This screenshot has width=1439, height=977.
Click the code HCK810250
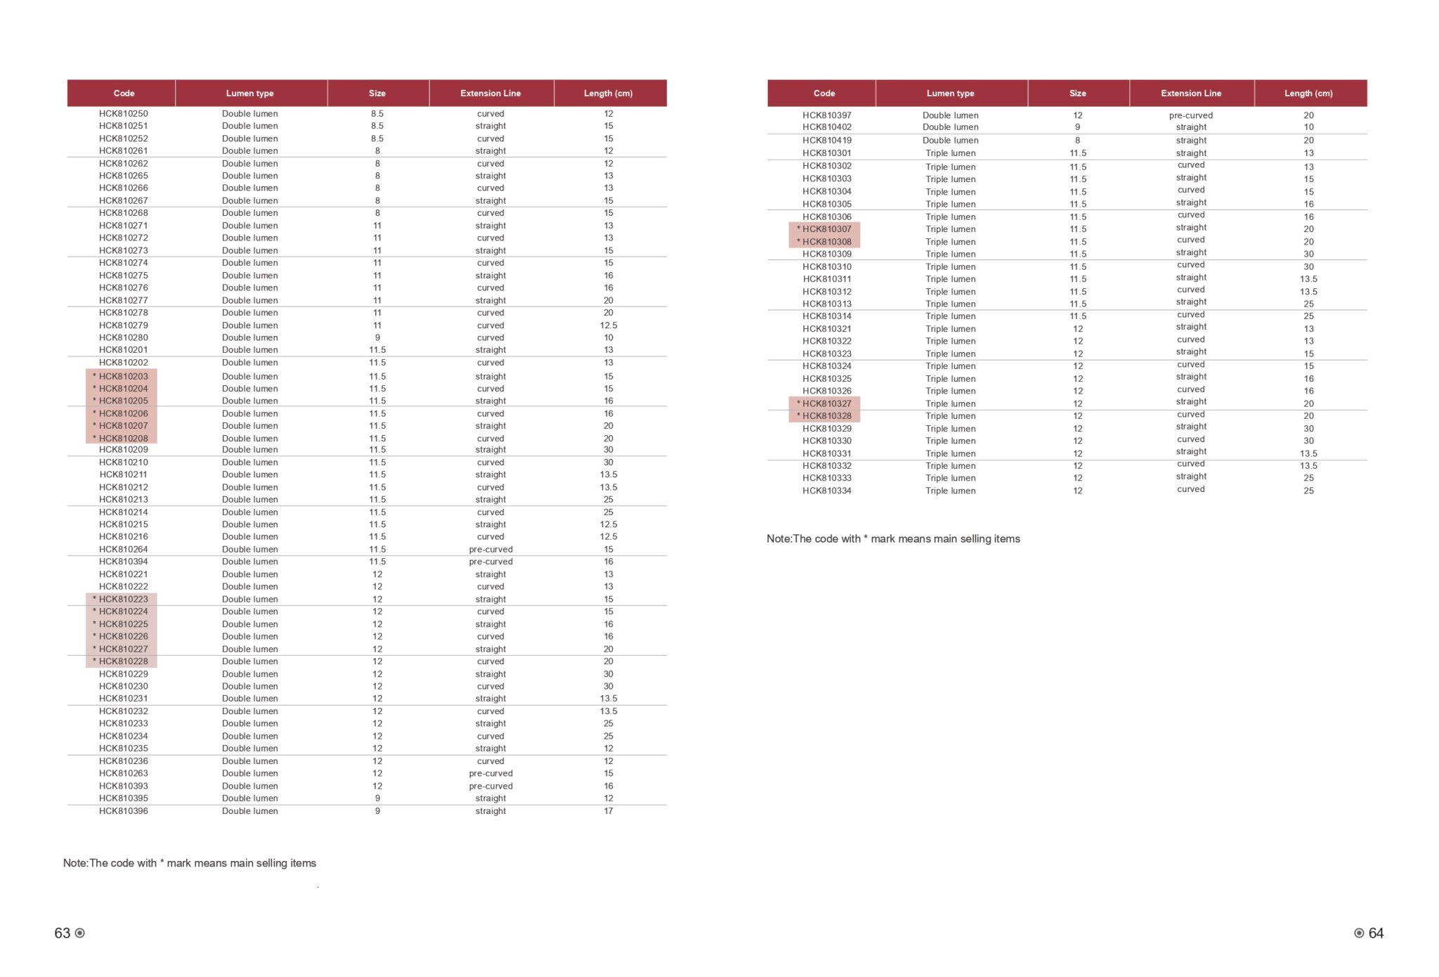click(x=123, y=114)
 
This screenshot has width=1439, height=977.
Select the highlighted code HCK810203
click(x=123, y=376)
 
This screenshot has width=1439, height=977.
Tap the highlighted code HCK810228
click(x=123, y=661)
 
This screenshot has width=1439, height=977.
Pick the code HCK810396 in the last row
click(x=123, y=811)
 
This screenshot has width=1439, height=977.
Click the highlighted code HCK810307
click(x=826, y=229)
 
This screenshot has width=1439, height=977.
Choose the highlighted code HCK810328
click(x=826, y=416)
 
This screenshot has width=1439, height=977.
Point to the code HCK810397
click(x=826, y=115)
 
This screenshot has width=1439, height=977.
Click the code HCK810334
click(x=826, y=491)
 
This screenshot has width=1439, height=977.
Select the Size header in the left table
click(x=377, y=93)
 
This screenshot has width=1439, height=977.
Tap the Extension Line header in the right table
click(x=1190, y=93)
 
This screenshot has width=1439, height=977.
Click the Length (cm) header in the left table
click(x=608, y=93)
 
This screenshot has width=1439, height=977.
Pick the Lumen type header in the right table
click(x=950, y=93)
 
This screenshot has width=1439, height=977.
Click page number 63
click(x=63, y=933)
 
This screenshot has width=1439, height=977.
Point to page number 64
click(x=1376, y=933)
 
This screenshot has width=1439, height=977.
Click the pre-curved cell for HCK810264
click(x=490, y=550)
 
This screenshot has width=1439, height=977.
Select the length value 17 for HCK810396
click(x=608, y=811)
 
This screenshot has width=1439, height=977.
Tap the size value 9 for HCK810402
click(x=1077, y=127)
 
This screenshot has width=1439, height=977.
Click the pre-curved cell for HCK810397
click(x=1190, y=115)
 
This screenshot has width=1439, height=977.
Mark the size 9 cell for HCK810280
click(x=377, y=338)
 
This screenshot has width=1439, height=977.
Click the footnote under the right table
click(x=893, y=539)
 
